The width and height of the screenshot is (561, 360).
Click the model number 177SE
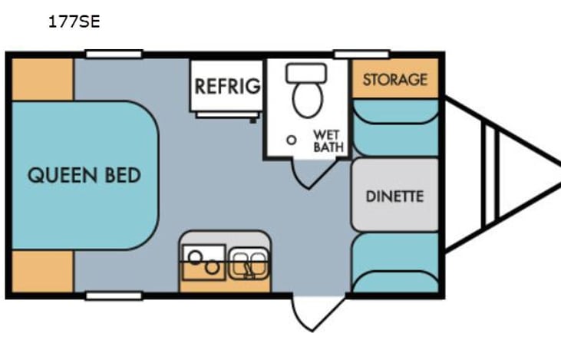74,21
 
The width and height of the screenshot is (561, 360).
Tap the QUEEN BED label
84,175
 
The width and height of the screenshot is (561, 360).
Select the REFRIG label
227,86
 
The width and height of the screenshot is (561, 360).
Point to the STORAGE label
394,80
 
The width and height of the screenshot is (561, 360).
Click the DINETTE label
394,196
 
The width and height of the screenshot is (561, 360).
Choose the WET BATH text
328,140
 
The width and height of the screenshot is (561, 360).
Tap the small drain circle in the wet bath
291,140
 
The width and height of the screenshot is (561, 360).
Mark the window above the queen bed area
114,54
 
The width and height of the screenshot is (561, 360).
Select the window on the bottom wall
114,296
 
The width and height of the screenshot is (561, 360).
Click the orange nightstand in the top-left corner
43,78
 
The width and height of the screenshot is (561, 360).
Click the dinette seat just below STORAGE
394,127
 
